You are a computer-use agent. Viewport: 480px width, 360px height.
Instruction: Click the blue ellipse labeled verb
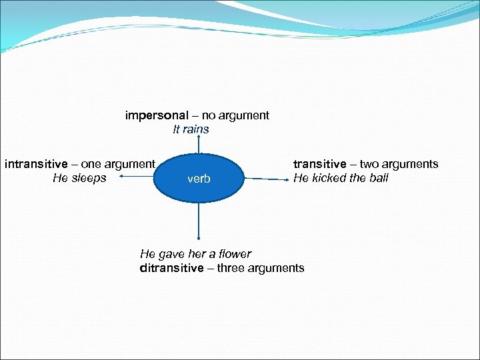click(199, 178)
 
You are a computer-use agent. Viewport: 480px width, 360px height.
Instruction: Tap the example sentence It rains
click(191, 129)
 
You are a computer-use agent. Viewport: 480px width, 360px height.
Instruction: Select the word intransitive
click(37, 163)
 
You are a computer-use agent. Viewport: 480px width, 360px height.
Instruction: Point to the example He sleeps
click(79, 178)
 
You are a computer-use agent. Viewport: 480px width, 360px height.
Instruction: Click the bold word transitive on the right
click(320, 164)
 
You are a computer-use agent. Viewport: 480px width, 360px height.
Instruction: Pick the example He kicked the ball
click(341, 178)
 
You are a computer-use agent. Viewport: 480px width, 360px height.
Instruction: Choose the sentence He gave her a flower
click(195, 254)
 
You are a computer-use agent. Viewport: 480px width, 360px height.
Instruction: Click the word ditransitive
click(171, 268)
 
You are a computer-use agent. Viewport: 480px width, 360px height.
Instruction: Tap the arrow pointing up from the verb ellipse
click(199, 145)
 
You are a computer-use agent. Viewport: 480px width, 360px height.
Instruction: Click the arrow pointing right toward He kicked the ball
click(266, 179)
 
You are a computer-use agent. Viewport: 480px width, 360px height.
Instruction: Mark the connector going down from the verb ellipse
click(199, 221)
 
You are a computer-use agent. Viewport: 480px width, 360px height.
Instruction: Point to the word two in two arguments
click(370, 164)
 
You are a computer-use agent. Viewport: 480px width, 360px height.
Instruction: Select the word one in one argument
click(91, 163)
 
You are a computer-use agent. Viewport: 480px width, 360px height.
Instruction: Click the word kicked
click(328, 178)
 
